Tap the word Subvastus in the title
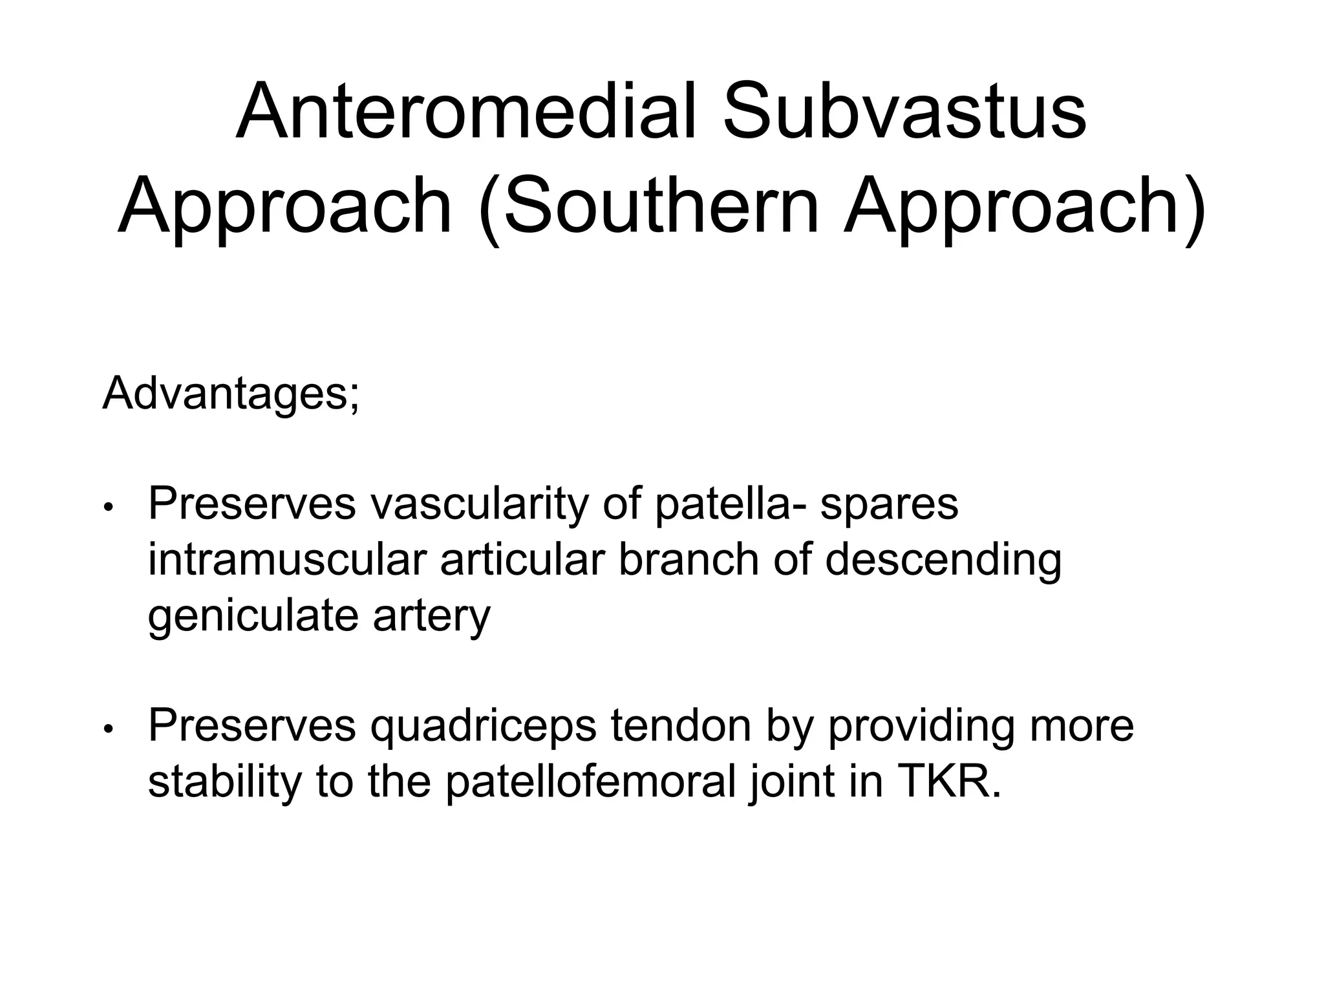(x=904, y=111)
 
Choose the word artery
(x=431, y=615)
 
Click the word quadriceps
(x=483, y=727)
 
